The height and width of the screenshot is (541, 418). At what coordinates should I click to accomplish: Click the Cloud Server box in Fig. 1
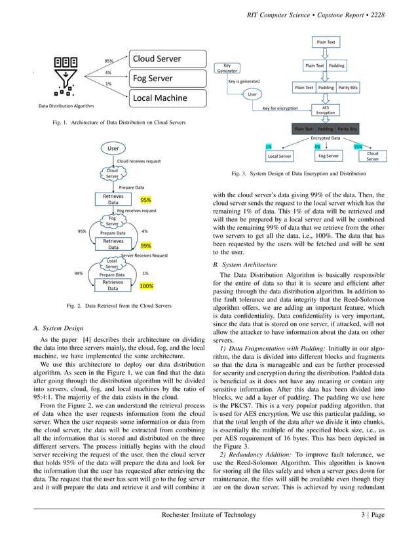pyautogui.click(x=168, y=60)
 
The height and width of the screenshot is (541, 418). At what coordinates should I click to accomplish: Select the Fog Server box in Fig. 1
pyautogui.click(x=168, y=79)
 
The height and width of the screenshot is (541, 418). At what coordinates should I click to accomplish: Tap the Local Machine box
pyautogui.click(x=168, y=99)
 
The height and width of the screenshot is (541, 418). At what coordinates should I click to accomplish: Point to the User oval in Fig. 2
pyautogui.click(x=113, y=149)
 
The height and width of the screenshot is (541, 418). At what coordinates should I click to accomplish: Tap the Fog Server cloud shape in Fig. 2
pyautogui.click(x=112, y=221)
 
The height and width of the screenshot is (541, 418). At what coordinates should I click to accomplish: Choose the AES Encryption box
pyautogui.click(x=326, y=109)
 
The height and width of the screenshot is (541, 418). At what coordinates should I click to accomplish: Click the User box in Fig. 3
pyautogui.click(x=252, y=94)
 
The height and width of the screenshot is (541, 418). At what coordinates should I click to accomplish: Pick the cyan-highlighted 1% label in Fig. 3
pyautogui.click(x=269, y=147)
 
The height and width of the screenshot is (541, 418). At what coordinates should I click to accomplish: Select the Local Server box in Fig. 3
pyautogui.click(x=280, y=157)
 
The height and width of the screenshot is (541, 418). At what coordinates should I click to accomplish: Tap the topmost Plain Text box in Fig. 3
pyautogui.click(x=326, y=42)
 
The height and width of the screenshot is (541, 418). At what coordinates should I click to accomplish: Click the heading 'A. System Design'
pyautogui.click(x=58, y=327)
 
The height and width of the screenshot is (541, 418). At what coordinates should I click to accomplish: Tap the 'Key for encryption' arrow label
pyautogui.click(x=280, y=108)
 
